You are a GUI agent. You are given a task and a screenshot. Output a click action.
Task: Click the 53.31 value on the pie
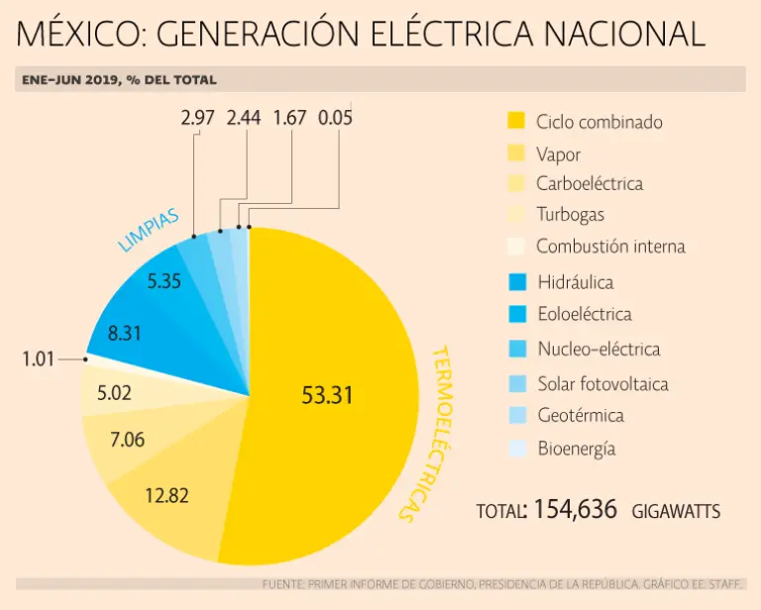(327, 395)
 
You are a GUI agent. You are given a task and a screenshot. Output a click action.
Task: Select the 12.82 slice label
(165, 496)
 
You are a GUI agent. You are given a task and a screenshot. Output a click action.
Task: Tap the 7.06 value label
(128, 439)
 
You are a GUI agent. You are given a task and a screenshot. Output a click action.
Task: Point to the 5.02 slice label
(115, 392)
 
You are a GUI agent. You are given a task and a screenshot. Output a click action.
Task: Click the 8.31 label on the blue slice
(125, 334)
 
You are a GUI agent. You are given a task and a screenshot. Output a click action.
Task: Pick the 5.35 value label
(163, 281)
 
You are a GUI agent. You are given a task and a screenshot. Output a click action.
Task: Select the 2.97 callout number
(198, 118)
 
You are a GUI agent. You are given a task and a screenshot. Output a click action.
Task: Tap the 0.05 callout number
(335, 118)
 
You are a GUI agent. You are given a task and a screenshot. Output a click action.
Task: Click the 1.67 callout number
(289, 118)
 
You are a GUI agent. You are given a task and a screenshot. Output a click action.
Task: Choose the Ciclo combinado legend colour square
(516, 121)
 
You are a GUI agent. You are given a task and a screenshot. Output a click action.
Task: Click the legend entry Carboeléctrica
(589, 183)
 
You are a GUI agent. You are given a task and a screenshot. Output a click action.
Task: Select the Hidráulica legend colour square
(516, 282)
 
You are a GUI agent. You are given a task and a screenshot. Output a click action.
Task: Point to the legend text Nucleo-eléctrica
(598, 349)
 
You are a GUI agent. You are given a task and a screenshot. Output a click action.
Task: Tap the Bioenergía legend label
(576, 449)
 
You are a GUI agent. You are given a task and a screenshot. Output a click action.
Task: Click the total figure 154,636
(576, 510)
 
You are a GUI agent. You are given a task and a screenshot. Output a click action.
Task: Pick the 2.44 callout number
(244, 118)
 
